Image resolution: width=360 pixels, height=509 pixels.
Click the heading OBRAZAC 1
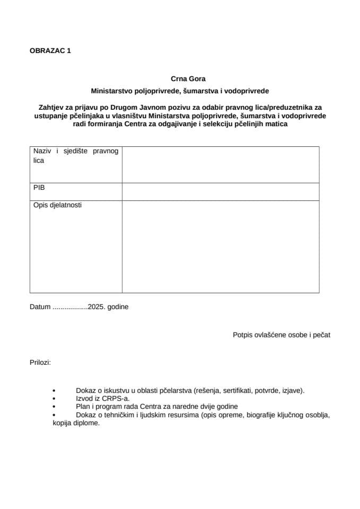(x=50, y=51)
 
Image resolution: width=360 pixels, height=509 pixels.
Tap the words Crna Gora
(x=180, y=79)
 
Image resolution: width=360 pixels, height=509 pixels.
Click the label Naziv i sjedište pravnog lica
(x=76, y=155)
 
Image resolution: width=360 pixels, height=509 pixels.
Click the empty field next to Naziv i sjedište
(x=221, y=165)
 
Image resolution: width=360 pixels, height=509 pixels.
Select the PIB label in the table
(x=39, y=188)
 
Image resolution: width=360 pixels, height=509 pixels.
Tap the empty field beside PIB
(x=221, y=191)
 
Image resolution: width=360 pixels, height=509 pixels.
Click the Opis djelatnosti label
(x=57, y=204)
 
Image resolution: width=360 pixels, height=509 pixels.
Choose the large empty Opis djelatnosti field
(x=221, y=246)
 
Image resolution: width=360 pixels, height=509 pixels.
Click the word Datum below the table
(x=40, y=306)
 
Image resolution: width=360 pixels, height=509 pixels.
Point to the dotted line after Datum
(x=71, y=307)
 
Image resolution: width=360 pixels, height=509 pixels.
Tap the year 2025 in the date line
(x=97, y=306)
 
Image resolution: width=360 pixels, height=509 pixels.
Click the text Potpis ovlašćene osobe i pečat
(x=282, y=335)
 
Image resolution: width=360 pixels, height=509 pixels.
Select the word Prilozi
(x=40, y=363)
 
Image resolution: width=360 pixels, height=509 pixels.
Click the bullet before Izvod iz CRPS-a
(x=54, y=398)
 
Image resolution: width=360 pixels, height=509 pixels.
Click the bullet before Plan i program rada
(x=54, y=407)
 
